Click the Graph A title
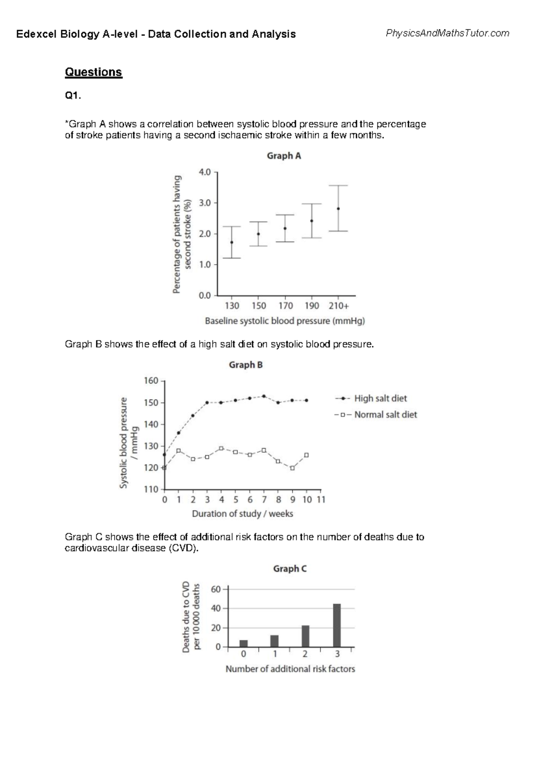point(284,156)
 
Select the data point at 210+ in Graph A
point(338,209)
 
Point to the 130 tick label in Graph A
point(232,306)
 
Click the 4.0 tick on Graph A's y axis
point(205,172)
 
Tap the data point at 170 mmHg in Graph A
point(285,228)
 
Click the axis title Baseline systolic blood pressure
point(285,321)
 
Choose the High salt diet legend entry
point(380,398)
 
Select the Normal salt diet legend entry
point(385,415)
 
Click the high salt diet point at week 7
point(264,396)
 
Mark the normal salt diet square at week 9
point(293,468)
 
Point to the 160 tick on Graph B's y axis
point(151,381)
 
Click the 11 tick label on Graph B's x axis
point(321,499)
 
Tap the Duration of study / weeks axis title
point(243,514)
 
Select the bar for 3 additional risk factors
point(337,625)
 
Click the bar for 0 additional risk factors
point(243,644)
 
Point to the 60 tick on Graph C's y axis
point(216,589)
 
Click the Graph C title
point(290,569)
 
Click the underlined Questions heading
point(93,72)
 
